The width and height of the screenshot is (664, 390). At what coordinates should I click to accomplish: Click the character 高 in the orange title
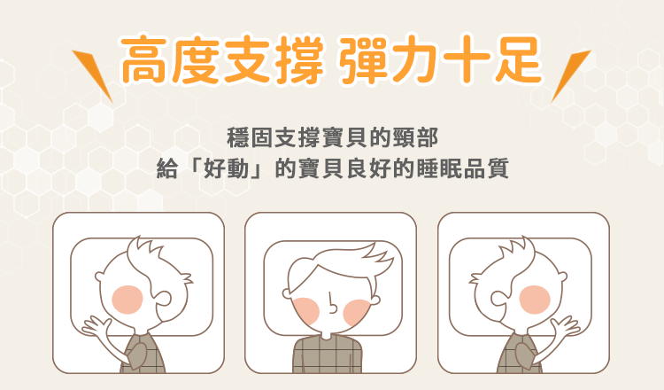pos(148,59)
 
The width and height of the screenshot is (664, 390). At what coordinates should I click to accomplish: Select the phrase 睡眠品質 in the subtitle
pos(474,167)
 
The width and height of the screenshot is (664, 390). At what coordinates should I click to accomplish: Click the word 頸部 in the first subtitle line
pos(418,139)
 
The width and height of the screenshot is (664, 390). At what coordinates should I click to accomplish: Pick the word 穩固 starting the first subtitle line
pos(245,139)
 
